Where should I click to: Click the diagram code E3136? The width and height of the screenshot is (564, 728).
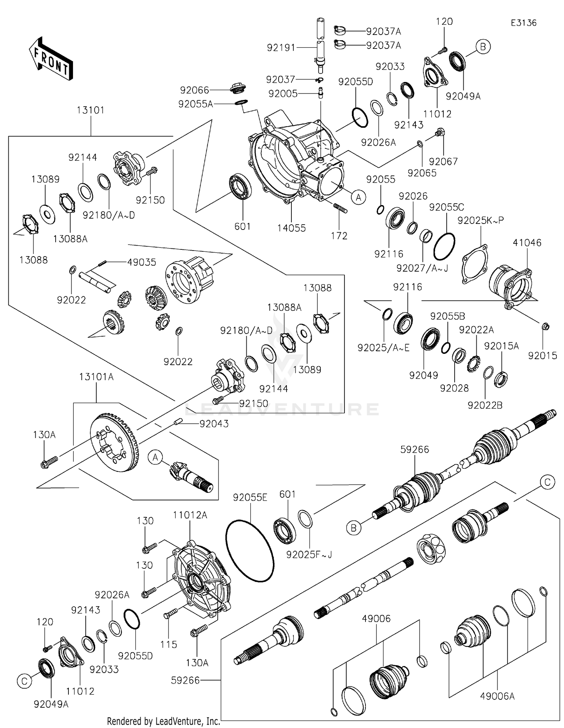523,23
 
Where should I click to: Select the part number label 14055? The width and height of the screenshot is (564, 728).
291,228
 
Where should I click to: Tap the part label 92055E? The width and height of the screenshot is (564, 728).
250,497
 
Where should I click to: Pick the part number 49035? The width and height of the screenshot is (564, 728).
141,262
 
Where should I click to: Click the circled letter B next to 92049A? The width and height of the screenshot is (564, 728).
483,47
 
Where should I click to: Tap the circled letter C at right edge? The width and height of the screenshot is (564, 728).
547,482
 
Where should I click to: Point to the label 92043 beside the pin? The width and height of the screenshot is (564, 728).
214,424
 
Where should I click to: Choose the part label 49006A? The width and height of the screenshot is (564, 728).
497,696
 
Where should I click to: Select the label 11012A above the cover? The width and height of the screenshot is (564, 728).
190,515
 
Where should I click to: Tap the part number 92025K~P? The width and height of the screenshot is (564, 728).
481,221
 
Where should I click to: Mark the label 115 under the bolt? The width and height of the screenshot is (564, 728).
168,645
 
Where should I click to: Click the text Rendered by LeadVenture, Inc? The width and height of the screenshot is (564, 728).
163,721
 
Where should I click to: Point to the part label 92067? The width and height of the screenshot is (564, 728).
443,162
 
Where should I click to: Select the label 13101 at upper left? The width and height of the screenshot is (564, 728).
91,110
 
